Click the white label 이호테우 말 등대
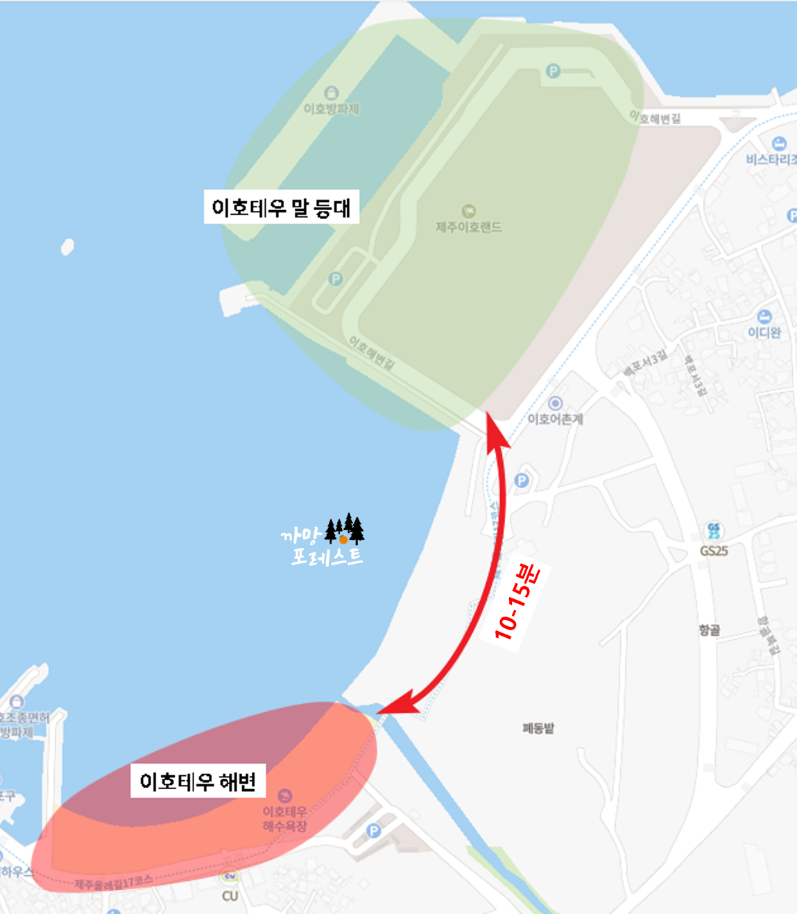tap(281, 207)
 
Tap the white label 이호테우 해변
tap(198, 782)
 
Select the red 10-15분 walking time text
tap(517, 601)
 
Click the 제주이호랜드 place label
tap(468, 226)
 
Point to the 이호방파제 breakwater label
tap(332, 108)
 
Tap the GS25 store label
tap(714, 551)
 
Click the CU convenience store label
tap(230, 895)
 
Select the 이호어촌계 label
tap(555, 419)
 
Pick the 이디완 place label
tap(764, 332)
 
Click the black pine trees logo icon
tap(345, 531)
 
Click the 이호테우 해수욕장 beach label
tap(284, 818)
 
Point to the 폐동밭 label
tap(538, 728)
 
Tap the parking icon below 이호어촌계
tap(522, 481)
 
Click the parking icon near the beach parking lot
tap(374, 830)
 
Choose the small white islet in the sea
tap(67, 246)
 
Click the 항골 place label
tap(709, 630)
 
